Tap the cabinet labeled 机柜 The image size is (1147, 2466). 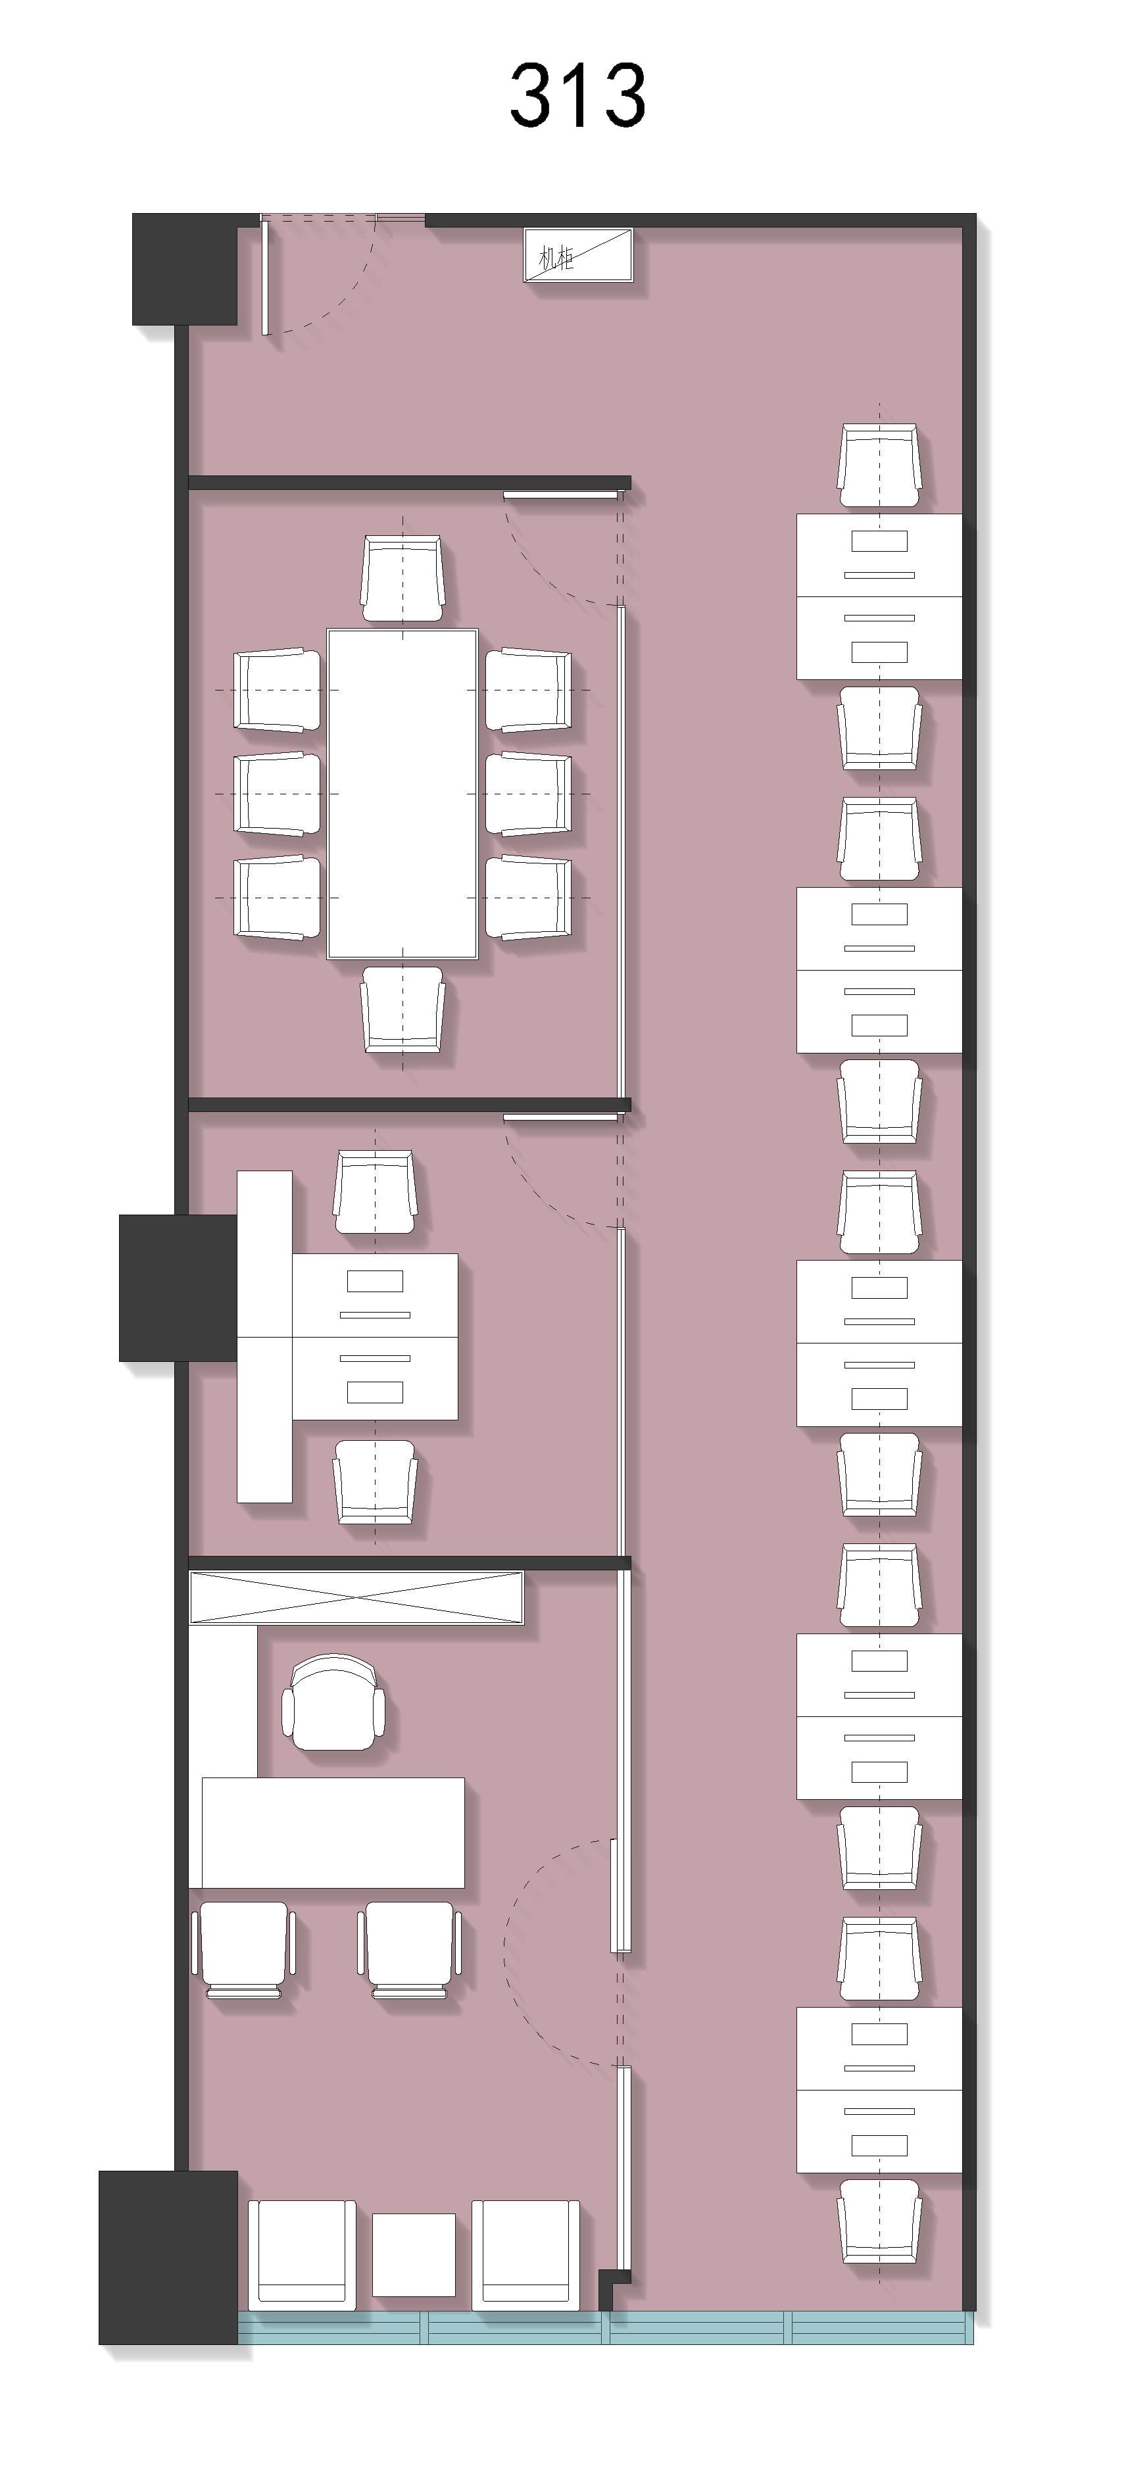pyautogui.click(x=578, y=254)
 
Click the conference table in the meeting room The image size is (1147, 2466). pyautogui.click(x=402, y=794)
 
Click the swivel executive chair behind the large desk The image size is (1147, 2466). pyautogui.click(x=333, y=1703)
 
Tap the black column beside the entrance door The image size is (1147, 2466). pyautogui.click(x=185, y=269)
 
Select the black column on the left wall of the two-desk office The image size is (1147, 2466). pyautogui.click(x=178, y=1288)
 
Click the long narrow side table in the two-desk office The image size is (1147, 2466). pyautogui.click(x=264, y=1336)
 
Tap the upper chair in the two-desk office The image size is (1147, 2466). pyautogui.click(x=376, y=1192)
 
